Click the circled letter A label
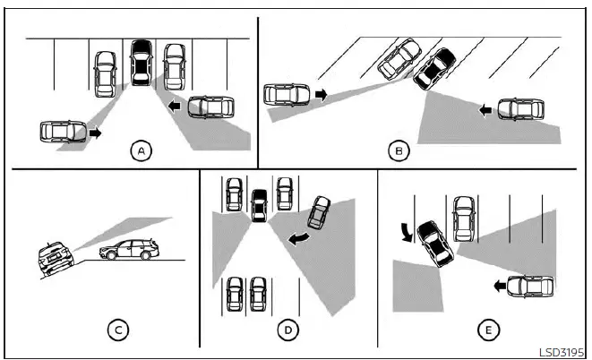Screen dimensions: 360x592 (x=141, y=151)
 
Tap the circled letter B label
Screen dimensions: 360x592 (x=399, y=151)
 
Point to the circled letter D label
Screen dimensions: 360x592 (x=287, y=330)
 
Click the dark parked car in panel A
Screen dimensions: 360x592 (x=141, y=64)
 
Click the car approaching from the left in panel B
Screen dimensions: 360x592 (x=287, y=93)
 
